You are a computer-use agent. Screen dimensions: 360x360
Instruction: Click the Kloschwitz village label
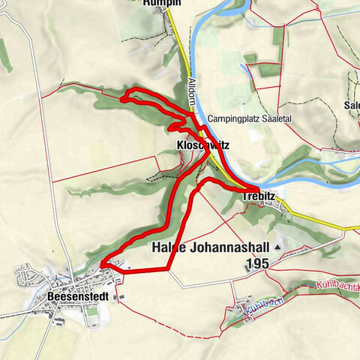[202, 144]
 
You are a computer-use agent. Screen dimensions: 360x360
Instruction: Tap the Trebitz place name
[259, 196]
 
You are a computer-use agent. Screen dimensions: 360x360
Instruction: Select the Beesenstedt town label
[77, 296]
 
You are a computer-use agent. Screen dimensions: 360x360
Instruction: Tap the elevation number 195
[257, 263]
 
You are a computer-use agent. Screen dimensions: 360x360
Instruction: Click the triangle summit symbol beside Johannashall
[279, 246]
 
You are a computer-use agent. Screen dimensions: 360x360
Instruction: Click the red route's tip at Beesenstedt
[101, 264]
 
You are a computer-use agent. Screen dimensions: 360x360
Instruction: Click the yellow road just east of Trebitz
[300, 214]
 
